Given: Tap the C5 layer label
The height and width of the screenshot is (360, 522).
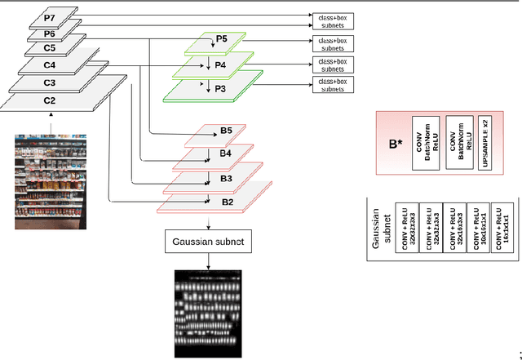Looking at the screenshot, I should click(x=49, y=47).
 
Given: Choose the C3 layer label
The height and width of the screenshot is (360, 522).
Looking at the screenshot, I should click(x=49, y=82).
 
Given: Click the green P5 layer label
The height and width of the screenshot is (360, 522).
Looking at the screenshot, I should click(x=222, y=39).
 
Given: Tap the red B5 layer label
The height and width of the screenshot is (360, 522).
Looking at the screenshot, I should click(x=226, y=130).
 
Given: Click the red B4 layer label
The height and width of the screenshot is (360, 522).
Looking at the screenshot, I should click(x=226, y=153).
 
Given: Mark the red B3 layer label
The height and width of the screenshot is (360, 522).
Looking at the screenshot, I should click(x=226, y=177).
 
